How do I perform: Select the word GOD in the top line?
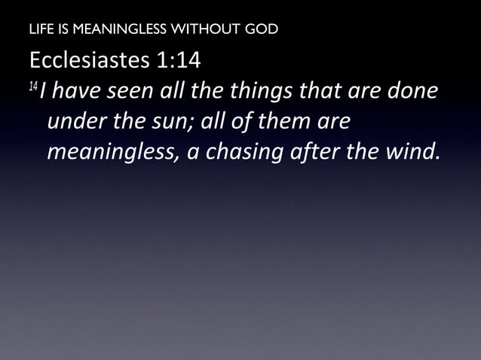(x=261, y=30)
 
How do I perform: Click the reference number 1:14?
(x=182, y=59)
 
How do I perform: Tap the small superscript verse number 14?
(x=33, y=87)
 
